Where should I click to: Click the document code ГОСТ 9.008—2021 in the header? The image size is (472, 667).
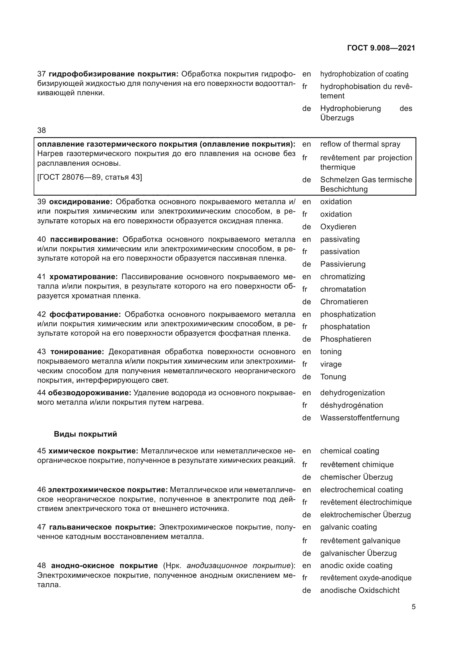pyautogui.click(x=381, y=48)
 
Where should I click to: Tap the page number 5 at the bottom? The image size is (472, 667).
pyautogui.click(x=413, y=607)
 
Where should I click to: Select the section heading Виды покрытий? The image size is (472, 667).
pyautogui.click(x=85, y=434)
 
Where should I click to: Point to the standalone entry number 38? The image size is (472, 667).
pyautogui.click(x=42, y=130)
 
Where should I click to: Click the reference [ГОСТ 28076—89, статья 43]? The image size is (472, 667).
pyautogui.click(x=90, y=177)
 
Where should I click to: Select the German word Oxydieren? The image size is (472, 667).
pyautogui.click(x=338, y=227)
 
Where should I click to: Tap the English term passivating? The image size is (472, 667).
pyautogui.click(x=340, y=239)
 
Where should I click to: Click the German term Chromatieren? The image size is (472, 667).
pyautogui.click(x=344, y=301)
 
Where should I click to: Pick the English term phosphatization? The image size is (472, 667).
pyautogui.click(x=348, y=314)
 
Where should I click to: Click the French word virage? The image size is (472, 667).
pyautogui.click(x=331, y=364)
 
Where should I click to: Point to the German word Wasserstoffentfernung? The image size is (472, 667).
pyautogui.click(x=360, y=418)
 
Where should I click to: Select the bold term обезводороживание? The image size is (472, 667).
pyautogui.click(x=90, y=393)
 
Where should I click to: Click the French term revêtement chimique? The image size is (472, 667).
pyautogui.click(x=357, y=465)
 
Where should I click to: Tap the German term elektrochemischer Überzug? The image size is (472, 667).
pyautogui.click(x=365, y=515)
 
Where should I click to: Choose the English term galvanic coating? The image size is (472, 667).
pyautogui.click(x=348, y=527)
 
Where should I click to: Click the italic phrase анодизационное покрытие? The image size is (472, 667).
pyautogui.click(x=238, y=565)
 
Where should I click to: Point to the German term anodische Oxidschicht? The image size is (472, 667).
pyautogui.click(x=360, y=590)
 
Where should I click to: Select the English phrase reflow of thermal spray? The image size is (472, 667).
pyautogui.click(x=360, y=144)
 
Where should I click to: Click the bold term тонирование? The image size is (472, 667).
pyautogui.click(x=77, y=352)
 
